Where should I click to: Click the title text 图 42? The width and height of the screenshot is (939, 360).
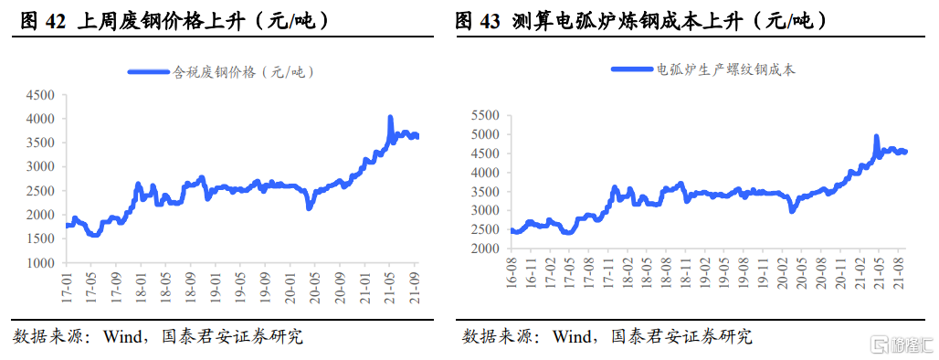42,20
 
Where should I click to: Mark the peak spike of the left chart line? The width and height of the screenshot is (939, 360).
390,118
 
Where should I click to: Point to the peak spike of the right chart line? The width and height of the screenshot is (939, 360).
876,137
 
